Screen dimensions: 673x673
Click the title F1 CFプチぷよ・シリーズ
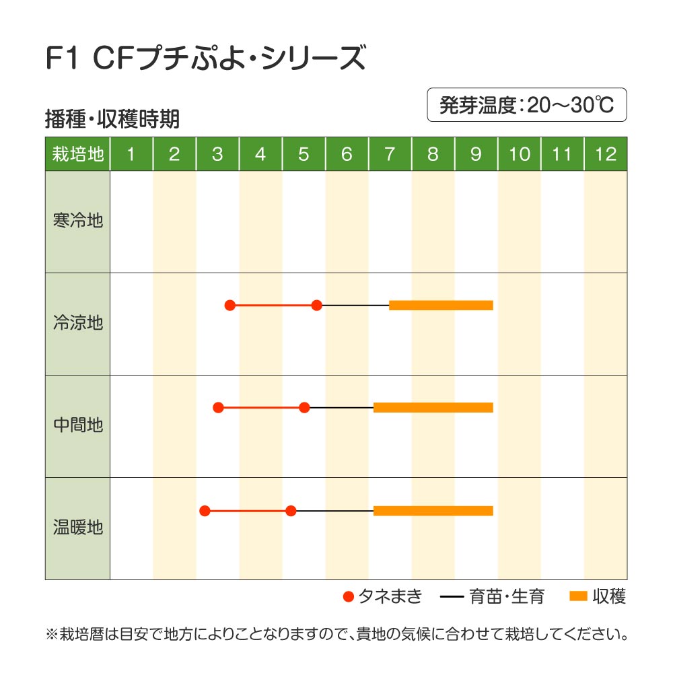pyautogui.click(x=205, y=59)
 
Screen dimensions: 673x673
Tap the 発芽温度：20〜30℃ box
pyautogui.click(x=527, y=105)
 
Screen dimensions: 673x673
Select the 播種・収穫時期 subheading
pyautogui.click(x=112, y=119)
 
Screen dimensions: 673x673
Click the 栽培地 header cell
pyautogui.click(x=77, y=154)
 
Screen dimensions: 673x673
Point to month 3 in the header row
pyautogui.click(x=217, y=154)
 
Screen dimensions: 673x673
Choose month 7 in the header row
pyautogui.click(x=390, y=154)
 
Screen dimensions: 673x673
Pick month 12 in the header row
pyautogui.click(x=606, y=154)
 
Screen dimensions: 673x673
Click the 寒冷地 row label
pyautogui.click(x=77, y=221)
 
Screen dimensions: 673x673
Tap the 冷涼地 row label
pyautogui.click(x=77, y=323)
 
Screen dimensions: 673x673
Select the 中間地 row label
pyautogui.click(x=77, y=425)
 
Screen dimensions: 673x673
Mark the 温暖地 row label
pyautogui.click(x=77, y=528)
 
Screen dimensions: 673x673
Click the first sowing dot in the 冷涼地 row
pyautogui.click(x=229, y=306)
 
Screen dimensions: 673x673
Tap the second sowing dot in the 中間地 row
pyautogui.click(x=304, y=407)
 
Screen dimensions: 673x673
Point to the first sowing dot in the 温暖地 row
pyautogui.click(x=205, y=511)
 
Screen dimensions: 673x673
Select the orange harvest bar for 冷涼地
pyautogui.click(x=441, y=306)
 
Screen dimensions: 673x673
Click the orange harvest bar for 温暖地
pyautogui.click(x=433, y=511)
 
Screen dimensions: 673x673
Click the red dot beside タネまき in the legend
pyautogui.click(x=348, y=596)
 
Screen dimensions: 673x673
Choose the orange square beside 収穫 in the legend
pyautogui.click(x=578, y=596)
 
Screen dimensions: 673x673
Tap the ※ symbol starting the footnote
pyautogui.click(x=52, y=634)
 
